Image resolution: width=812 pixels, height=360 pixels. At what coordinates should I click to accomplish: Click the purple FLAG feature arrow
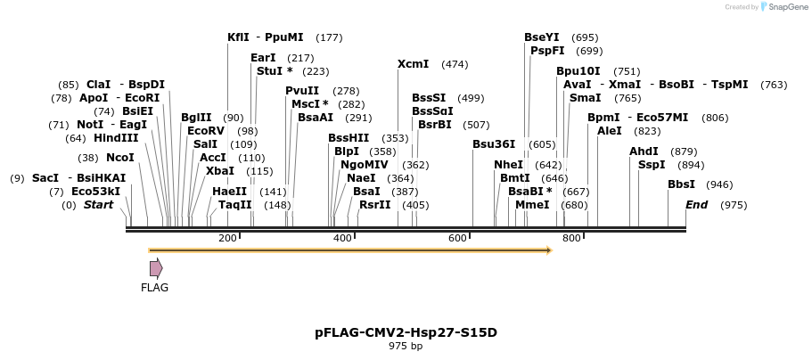point(156,267)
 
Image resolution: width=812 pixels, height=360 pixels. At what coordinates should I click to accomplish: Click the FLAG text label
point(154,288)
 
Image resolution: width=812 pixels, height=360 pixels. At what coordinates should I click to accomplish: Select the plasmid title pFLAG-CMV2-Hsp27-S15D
point(406,332)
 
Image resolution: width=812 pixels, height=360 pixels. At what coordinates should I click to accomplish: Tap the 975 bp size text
point(406,346)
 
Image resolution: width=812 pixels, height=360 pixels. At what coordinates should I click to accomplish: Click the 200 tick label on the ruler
point(227,238)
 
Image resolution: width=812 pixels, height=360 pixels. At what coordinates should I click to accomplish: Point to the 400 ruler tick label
point(343,238)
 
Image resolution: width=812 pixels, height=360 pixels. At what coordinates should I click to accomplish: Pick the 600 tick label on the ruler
point(457,238)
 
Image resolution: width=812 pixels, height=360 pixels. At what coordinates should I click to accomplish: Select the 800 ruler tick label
point(571,238)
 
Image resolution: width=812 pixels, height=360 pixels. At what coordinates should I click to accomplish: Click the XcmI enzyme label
point(414,64)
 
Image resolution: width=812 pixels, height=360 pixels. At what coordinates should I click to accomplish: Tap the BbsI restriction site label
point(682,184)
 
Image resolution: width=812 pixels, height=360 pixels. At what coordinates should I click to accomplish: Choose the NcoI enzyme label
point(120,158)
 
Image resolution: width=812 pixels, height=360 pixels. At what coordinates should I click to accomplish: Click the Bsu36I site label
point(494,144)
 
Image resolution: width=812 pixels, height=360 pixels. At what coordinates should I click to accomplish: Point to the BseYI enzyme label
point(542,37)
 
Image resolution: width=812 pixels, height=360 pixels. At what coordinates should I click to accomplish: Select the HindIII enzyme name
point(116,138)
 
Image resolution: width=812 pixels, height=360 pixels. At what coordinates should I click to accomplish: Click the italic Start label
point(99,205)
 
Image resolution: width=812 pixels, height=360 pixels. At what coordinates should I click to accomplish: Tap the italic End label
point(696,205)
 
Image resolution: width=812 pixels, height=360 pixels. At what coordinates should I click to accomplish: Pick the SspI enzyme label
point(652,165)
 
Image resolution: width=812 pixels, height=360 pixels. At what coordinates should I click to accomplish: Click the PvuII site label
point(302,91)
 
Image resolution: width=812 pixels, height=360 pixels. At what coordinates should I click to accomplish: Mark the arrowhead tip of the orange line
point(552,250)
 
